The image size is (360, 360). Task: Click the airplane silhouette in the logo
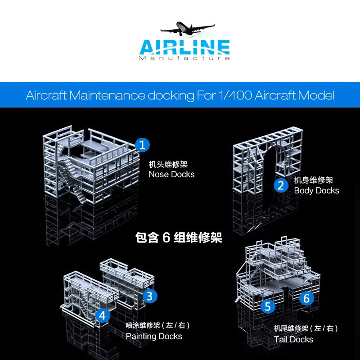tap(187, 28)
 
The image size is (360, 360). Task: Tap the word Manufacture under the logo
tap(184, 58)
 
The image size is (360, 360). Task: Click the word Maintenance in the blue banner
tap(107, 95)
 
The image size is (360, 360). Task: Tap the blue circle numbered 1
tap(142, 145)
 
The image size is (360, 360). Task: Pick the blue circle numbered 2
tap(281, 185)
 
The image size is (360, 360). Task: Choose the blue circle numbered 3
tap(150, 296)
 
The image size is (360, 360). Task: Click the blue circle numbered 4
tap(103, 316)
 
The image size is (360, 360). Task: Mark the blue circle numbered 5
tap(268, 306)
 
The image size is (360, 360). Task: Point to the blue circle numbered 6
tap(307, 298)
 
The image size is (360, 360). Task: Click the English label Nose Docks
tap(171, 175)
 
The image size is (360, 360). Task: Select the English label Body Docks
tap(317, 190)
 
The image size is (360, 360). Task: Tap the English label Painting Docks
tap(154, 336)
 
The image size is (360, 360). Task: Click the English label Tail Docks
tap(293, 339)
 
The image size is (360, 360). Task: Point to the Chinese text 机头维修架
tap(168, 164)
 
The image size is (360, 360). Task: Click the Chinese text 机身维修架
tap(313, 180)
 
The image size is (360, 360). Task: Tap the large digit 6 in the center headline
tap(166, 238)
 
